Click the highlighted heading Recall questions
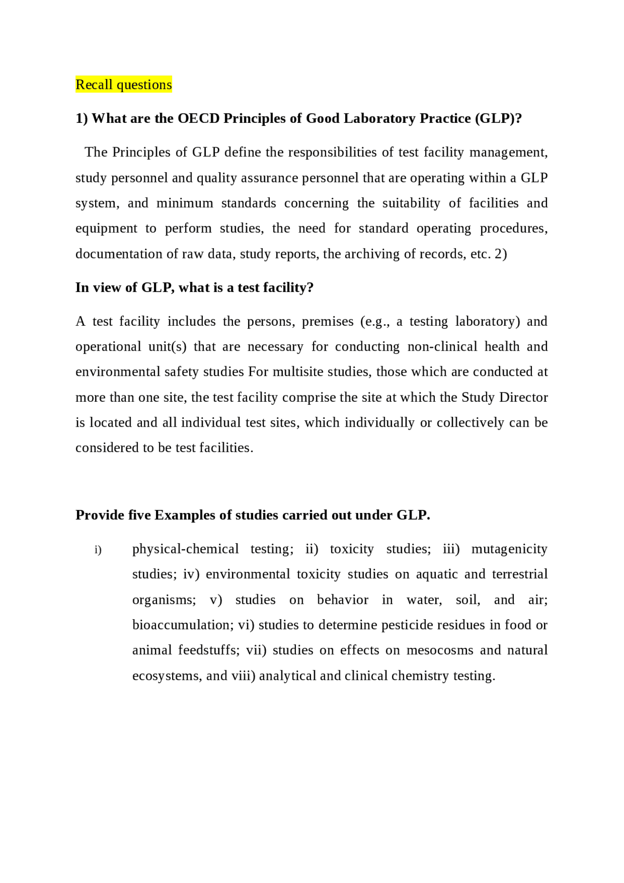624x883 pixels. (123, 85)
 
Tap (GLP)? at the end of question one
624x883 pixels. (498, 118)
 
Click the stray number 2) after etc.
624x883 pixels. (501, 254)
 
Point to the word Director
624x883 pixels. (523, 397)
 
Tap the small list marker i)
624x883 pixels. (98, 550)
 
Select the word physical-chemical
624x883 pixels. (185, 549)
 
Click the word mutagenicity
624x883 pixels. (509, 549)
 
